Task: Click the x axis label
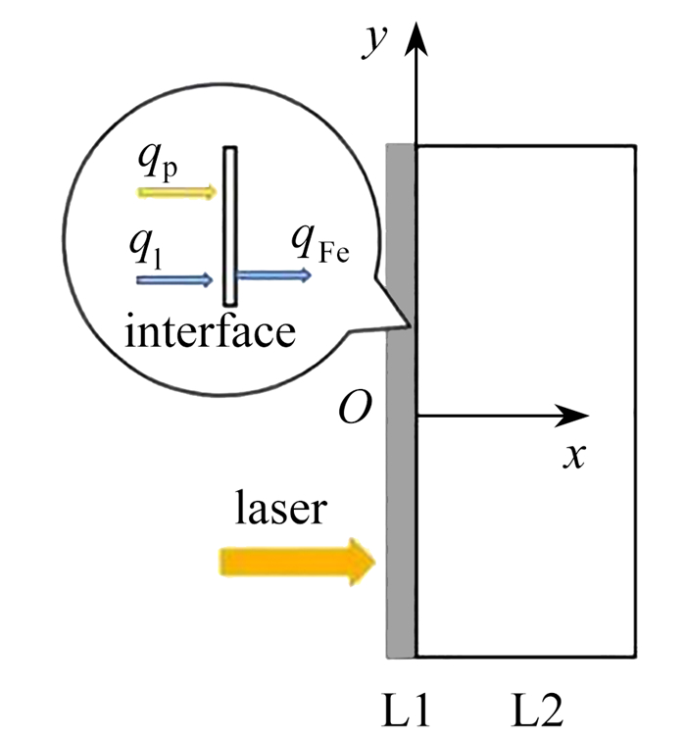click(x=572, y=457)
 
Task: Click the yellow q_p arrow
click(x=177, y=192)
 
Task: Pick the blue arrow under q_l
click(x=174, y=280)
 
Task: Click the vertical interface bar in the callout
click(x=229, y=225)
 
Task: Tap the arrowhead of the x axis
click(x=572, y=417)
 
